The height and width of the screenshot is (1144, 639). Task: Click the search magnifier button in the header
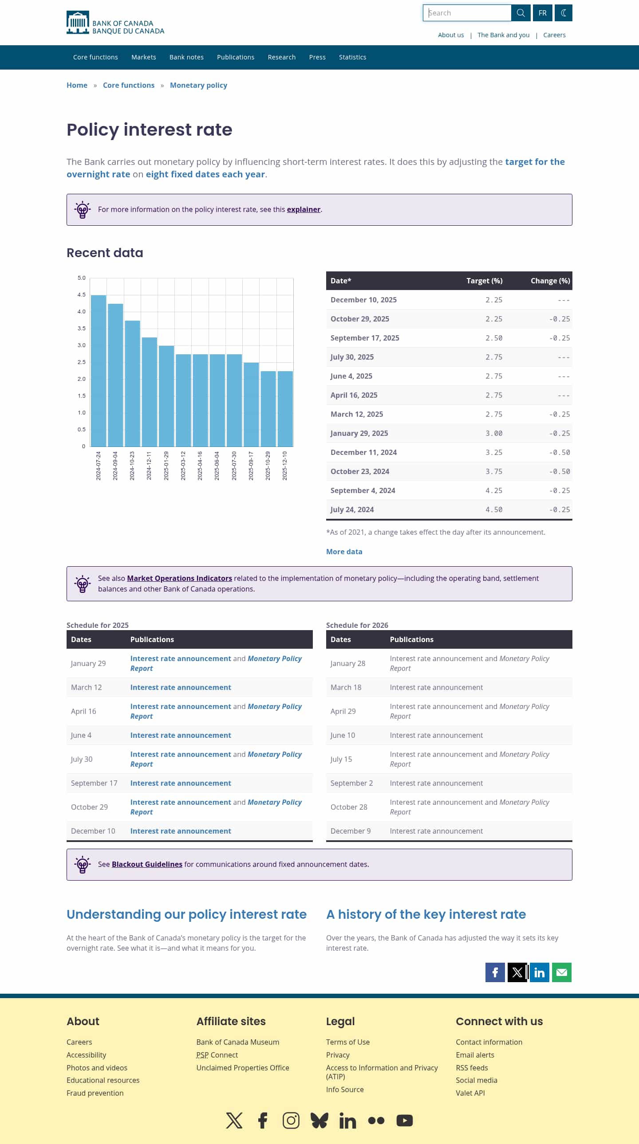coord(521,13)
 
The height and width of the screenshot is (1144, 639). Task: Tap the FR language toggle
coord(542,13)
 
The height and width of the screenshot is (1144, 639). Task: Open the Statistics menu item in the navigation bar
coord(352,57)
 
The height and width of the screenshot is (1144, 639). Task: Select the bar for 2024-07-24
coord(98,370)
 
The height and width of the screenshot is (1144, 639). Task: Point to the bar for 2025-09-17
coord(251,404)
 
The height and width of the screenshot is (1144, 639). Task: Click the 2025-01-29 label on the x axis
coord(166,466)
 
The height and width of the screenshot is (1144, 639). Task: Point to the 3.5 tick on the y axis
coord(81,329)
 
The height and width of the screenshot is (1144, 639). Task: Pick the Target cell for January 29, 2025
coord(494,434)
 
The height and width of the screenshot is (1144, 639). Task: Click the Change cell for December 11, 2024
coord(559,453)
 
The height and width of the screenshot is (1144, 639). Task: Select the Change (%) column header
coord(550,281)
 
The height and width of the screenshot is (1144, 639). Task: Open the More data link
coord(344,552)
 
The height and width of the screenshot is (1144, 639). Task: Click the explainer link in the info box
coord(304,210)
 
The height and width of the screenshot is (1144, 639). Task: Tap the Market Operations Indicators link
coord(180,578)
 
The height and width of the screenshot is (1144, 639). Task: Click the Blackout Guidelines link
coord(147,864)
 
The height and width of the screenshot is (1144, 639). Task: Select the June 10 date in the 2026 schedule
coord(343,736)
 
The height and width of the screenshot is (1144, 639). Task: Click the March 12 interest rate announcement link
coord(181,687)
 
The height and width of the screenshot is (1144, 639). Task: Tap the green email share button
coord(561,972)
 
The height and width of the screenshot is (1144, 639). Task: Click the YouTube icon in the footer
coord(404,1120)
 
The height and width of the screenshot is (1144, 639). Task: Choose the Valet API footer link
coord(470,1093)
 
